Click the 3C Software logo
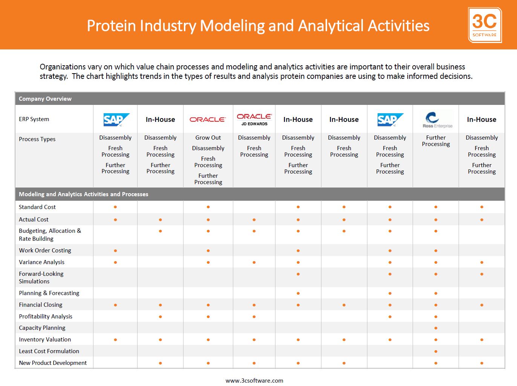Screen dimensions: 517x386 pyautogui.click(x=485, y=25)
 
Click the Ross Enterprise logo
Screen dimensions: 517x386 pyautogui.click(x=437, y=120)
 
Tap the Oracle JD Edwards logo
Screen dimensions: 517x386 pyautogui.click(x=254, y=120)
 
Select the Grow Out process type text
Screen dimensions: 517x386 pyautogui.click(x=208, y=137)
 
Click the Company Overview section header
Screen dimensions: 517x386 pyautogui.click(x=45, y=98)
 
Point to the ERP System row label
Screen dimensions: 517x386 pyautogui.click(x=34, y=119)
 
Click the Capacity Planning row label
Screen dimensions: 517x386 pyautogui.click(x=42, y=328)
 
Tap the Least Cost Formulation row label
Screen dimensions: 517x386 pyautogui.click(x=49, y=351)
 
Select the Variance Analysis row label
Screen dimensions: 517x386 pyautogui.click(x=41, y=262)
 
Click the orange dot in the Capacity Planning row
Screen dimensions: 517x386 pyautogui.click(x=436, y=328)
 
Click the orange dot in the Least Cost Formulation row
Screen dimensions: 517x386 pyautogui.click(x=436, y=351)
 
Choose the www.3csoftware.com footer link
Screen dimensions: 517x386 pyautogui.click(x=254, y=380)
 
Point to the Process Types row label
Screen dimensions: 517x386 pyautogui.click(x=37, y=139)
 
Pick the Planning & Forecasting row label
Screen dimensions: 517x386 pyautogui.click(x=49, y=293)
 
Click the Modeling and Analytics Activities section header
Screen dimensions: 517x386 pyautogui.click(x=83, y=194)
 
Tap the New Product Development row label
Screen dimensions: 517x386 pyautogui.click(x=53, y=363)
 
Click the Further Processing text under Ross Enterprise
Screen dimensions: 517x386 pyautogui.click(x=436, y=141)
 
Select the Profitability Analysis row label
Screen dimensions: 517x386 pyautogui.click(x=46, y=316)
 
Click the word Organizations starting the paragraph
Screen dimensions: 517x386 pyautogui.click(x=63, y=67)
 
